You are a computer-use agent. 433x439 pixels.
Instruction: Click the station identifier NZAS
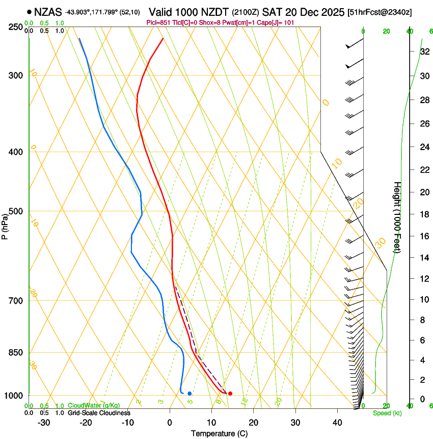(x=48, y=11)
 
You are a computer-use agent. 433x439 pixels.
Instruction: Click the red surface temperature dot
(x=230, y=394)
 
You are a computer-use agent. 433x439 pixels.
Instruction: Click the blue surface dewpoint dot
(x=190, y=394)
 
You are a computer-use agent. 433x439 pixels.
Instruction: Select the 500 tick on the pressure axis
(x=16, y=211)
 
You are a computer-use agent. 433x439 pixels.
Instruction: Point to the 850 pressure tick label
(x=16, y=353)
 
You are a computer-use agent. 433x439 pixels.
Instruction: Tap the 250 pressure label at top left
(x=16, y=27)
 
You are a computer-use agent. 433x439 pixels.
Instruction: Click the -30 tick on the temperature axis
(x=43, y=423)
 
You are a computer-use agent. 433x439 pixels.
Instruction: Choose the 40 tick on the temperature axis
(x=337, y=423)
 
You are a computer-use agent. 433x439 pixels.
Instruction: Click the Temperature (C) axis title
(x=219, y=433)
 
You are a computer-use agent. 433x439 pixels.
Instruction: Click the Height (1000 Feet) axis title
(x=397, y=217)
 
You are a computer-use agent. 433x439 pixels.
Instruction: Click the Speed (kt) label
(x=387, y=413)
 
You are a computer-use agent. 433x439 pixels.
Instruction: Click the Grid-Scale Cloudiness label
(x=99, y=412)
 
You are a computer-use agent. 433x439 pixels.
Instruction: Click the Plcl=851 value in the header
(x=157, y=22)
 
